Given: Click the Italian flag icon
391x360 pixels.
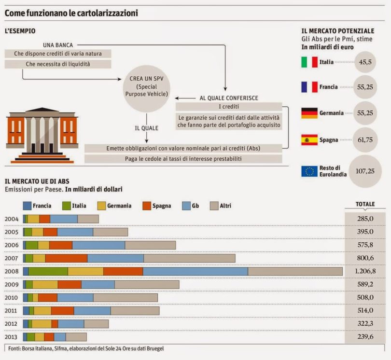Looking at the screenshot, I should pos(309,62).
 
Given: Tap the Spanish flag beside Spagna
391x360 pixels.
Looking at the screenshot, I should pos(309,140).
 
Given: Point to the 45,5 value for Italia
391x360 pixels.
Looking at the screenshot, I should pos(365,62).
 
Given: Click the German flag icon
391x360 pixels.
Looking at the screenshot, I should pos(309,113).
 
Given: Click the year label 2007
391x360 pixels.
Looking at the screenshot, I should pos(12,258).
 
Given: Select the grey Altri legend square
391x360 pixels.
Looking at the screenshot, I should pos(214,206).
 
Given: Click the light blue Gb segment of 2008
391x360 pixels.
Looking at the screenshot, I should pos(195,271).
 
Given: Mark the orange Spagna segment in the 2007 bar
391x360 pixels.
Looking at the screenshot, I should pos(66,258).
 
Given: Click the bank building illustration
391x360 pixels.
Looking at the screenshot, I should pos(42,135).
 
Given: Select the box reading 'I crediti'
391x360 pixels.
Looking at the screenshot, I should pos(229,106).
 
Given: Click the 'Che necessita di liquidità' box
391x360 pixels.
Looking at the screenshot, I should pos(58,64).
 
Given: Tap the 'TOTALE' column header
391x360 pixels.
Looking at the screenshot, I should pos(365,204).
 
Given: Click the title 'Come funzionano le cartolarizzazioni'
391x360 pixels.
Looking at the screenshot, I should pos(71,13).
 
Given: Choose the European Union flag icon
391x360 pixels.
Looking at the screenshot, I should pos(309,171).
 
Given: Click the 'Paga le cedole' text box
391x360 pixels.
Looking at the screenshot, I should pos(183,159).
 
